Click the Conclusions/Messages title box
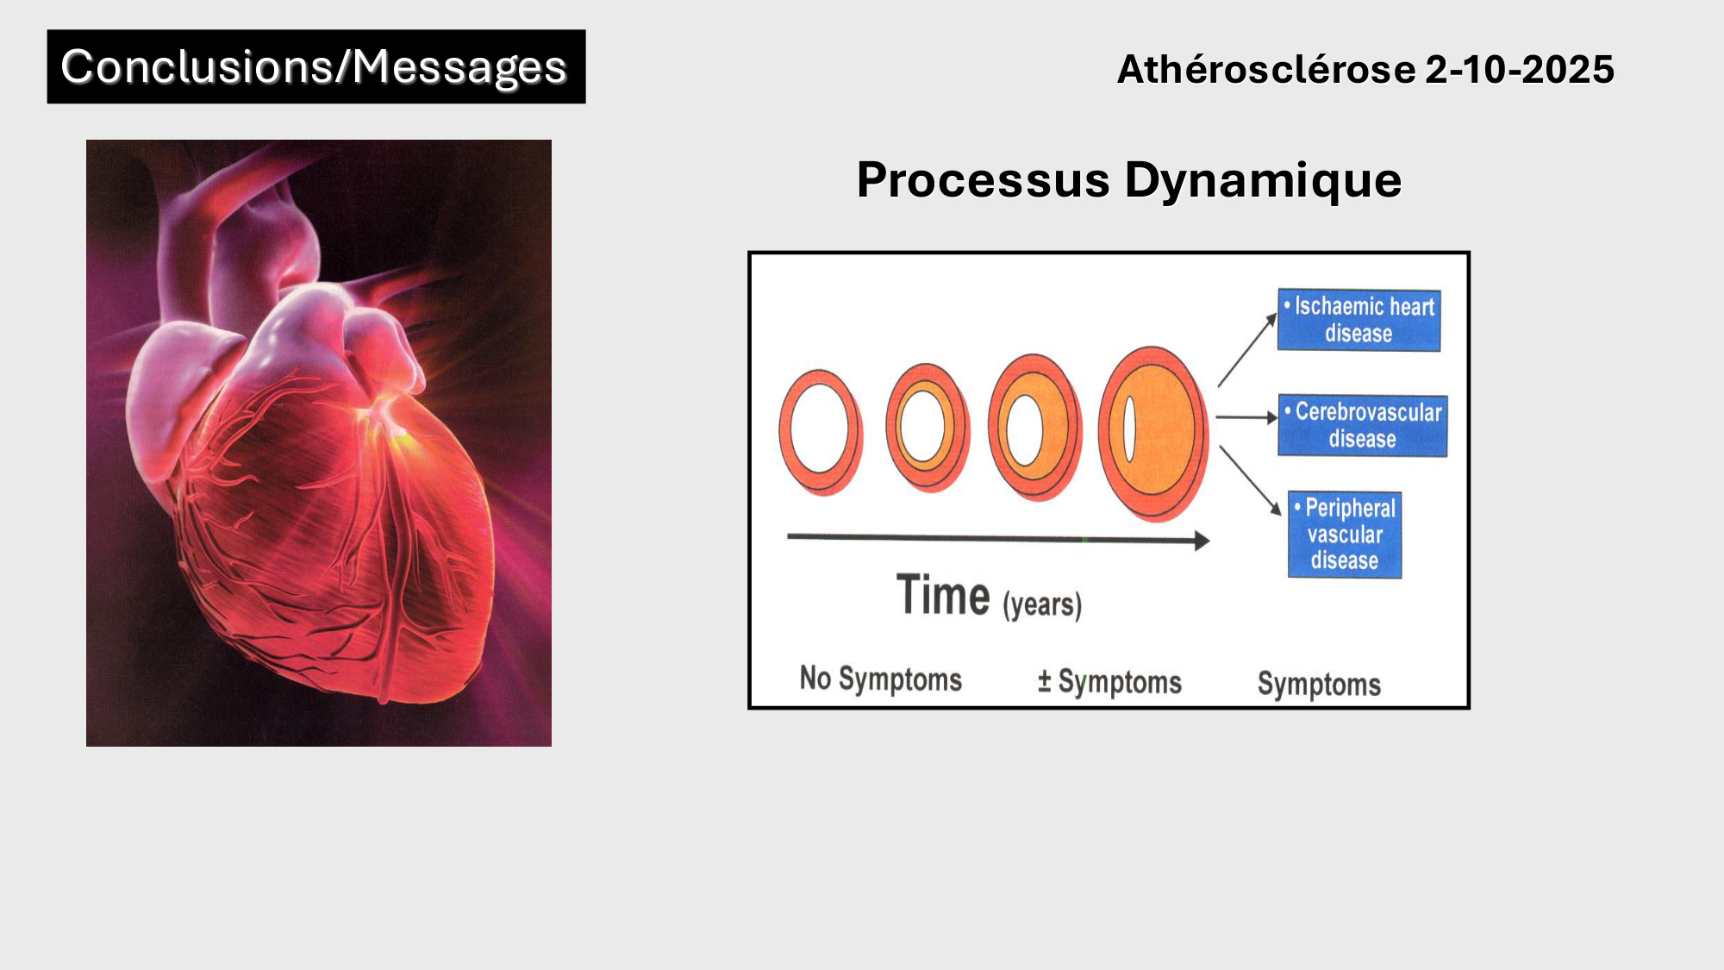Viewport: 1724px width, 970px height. [x=316, y=67]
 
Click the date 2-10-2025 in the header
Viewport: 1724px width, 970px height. [x=1520, y=69]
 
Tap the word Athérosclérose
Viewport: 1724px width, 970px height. [x=1266, y=69]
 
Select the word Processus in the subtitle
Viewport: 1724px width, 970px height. [x=984, y=180]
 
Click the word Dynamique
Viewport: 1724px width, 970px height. [x=1263, y=181]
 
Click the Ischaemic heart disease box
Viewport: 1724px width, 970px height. [x=1359, y=320]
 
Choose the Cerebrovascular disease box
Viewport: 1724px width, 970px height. [x=1362, y=425]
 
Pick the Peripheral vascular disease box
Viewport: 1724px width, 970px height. [x=1345, y=535]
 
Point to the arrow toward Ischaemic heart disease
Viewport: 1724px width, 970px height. [x=1247, y=349]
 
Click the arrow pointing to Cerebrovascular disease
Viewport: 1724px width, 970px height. [x=1247, y=417]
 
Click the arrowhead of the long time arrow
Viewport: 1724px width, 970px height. [x=1202, y=541]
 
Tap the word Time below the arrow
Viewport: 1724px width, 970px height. [x=943, y=595]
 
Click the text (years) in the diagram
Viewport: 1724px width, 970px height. [x=1042, y=604]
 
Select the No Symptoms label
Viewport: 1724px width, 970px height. [x=881, y=679]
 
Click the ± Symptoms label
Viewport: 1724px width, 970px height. [x=1109, y=682]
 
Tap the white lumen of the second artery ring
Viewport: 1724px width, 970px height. [x=922, y=427]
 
